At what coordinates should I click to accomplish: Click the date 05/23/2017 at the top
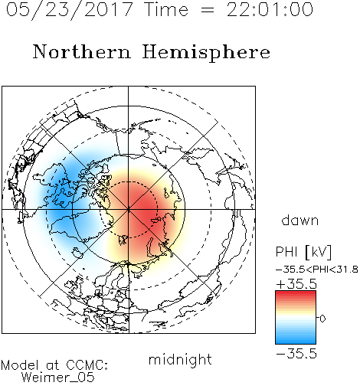[x=70, y=10]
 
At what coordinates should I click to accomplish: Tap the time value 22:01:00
[x=270, y=9]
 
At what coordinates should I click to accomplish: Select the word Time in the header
[x=166, y=9]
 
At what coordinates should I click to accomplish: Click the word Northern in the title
[x=82, y=51]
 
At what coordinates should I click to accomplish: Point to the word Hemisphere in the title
[x=206, y=52]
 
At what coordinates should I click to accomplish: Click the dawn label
[x=300, y=220]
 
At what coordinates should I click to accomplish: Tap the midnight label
[x=180, y=361]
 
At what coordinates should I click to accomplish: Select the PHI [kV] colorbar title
[x=303, y=252]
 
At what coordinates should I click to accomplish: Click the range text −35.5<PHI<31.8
[x=317, y=270]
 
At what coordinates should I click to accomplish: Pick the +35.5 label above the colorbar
[x=296, y=284]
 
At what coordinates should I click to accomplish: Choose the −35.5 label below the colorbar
[x=296, y=354]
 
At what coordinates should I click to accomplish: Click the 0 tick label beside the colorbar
[x=322, y=319]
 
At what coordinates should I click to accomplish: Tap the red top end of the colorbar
[x=296, y=293]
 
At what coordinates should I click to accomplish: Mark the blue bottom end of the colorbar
[x=296, y=342]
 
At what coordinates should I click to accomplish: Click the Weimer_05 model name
[x=58, y=378]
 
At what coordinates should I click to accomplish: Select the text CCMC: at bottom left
[x=87, y=365]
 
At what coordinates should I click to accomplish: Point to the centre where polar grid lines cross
[x=129, y=210]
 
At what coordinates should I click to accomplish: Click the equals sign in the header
[x=208, y=10]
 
